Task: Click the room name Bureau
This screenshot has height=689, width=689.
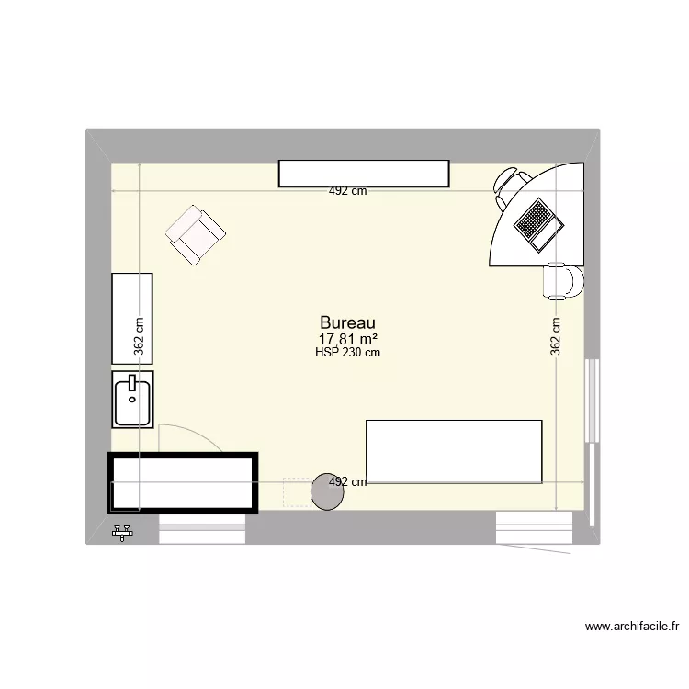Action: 347,323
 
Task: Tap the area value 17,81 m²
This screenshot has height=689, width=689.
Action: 347,339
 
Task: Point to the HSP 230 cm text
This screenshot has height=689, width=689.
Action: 347,352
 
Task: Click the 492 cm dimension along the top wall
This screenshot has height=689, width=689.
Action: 348,192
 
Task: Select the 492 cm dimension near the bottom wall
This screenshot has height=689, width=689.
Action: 348,481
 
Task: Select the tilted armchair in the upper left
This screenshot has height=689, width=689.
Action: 196,235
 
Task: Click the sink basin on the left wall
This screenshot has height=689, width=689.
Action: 133,398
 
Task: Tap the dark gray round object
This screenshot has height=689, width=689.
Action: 327,492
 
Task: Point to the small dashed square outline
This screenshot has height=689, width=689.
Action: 297,492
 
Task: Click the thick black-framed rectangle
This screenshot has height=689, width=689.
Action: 182,483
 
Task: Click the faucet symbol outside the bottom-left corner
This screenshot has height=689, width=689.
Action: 123,531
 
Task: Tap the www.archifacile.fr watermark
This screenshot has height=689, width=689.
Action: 632,627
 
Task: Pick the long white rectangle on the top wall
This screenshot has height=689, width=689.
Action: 364,173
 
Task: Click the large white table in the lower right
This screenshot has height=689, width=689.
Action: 454,451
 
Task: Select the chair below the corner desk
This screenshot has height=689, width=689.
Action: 562,281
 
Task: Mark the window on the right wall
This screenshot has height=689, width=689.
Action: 593,402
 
